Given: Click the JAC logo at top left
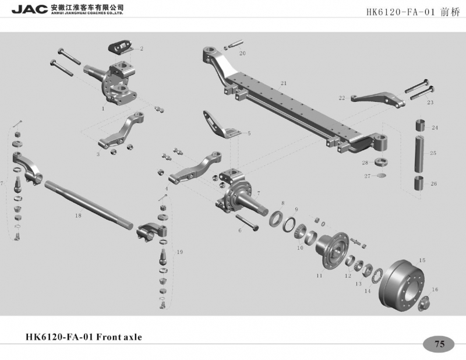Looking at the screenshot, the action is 30,9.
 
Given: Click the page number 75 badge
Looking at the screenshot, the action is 439,344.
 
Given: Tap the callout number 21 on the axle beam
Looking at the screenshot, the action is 284,83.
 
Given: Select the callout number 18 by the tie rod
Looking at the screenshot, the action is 78,215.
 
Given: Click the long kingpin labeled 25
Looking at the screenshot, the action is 422,154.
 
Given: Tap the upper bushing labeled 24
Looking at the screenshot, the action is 421,125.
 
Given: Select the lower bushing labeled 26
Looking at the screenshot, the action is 421,183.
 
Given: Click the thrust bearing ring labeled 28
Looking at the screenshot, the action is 381,163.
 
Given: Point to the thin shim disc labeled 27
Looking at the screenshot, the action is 382,175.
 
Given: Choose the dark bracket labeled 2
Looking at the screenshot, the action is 121,48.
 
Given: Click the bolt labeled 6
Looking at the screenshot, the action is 247,223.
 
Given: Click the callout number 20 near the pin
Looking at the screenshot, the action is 242,53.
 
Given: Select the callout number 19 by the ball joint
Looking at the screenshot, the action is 180,252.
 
